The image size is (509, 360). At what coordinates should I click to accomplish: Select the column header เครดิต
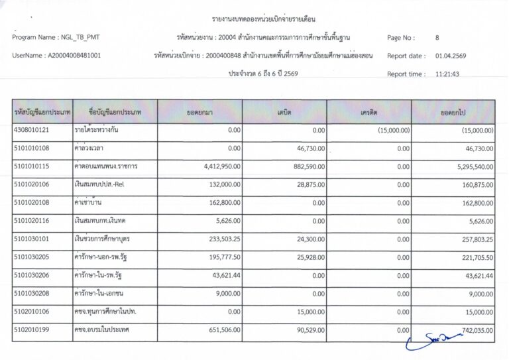tap(369, 113)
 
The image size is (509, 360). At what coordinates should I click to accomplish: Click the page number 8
tap(437, 38)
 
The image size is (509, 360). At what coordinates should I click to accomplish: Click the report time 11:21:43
tap(447, 74)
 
